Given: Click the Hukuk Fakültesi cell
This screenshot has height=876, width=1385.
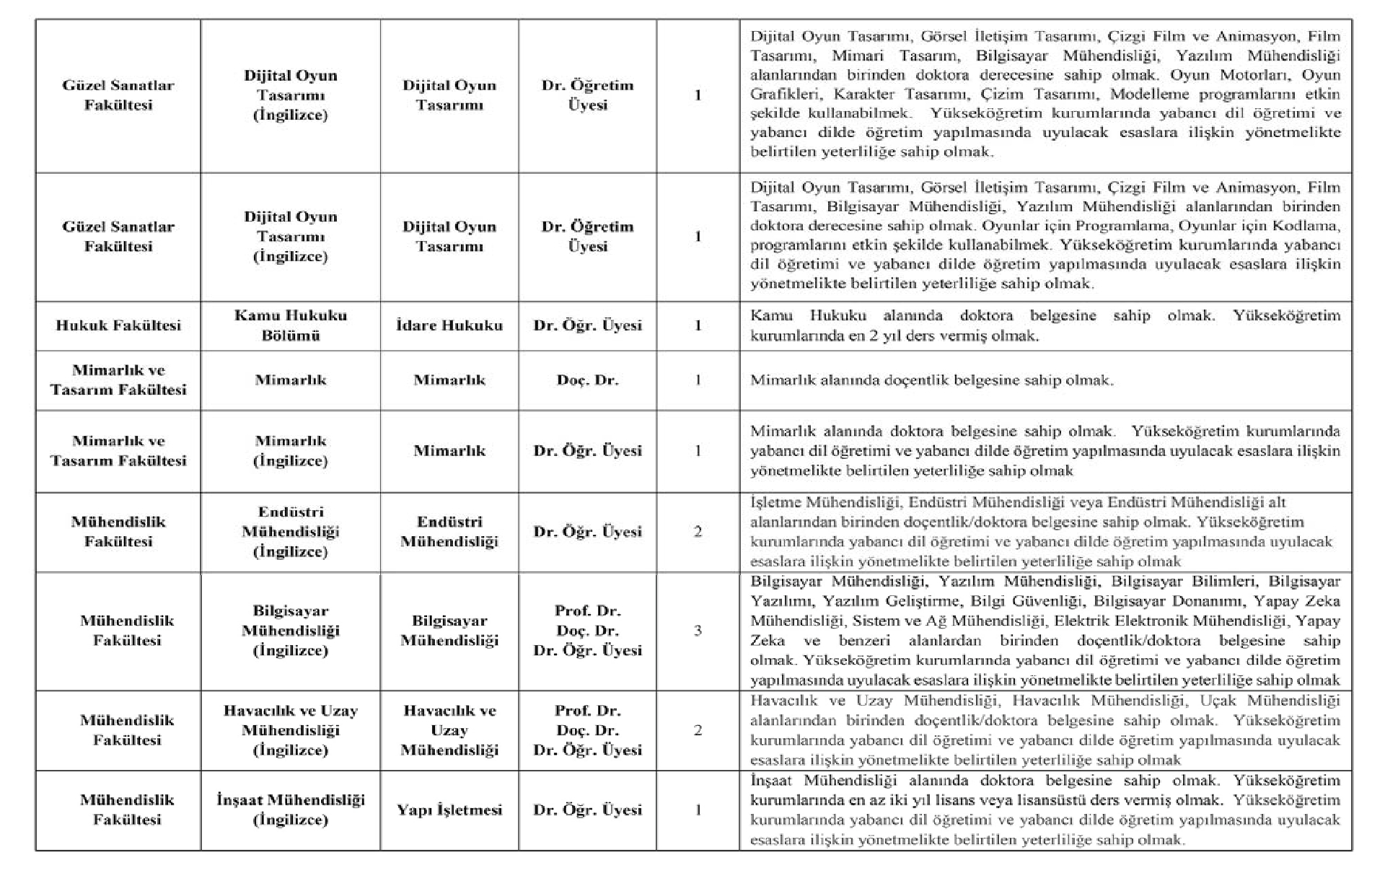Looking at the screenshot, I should tap(118, 325).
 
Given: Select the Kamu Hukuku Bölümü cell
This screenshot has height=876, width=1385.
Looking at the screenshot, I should tap(291, 325).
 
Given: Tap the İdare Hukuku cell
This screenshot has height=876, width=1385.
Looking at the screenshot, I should tap(449, 325).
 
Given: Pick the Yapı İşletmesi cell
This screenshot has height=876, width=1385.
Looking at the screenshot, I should tap(449, 810).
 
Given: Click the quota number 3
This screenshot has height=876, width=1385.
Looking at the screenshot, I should tap(698, 631).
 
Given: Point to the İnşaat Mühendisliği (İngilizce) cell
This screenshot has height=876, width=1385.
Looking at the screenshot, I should tap(291, 810).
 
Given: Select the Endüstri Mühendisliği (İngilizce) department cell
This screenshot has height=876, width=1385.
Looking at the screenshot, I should tap(291, 532).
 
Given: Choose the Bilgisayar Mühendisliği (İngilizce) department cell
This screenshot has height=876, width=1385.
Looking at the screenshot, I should tap(291, 631).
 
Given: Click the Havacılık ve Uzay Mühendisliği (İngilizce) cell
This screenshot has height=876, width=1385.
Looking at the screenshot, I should tap(291, 730).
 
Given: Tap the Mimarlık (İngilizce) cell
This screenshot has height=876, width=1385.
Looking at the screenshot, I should tap(291, 451).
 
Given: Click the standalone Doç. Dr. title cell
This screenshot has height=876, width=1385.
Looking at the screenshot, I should tap(587, 380).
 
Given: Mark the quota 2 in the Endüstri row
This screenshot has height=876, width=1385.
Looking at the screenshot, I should tap(698, 532).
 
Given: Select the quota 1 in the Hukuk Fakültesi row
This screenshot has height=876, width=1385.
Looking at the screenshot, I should tap(698, 325).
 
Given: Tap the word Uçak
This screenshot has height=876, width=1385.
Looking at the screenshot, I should tap(1218, 701).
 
